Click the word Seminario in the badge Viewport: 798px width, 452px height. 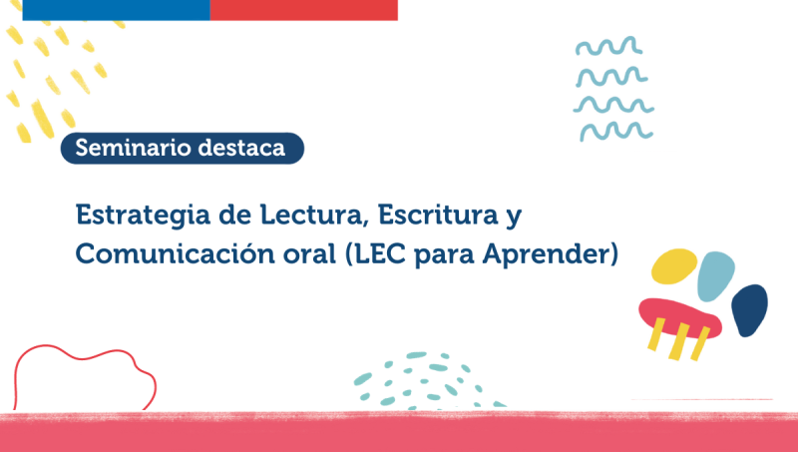pyautogui.click(x=128, y=148)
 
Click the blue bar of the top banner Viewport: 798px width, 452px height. pyautogui.click(x=116, y=9)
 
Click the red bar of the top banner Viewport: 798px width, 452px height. pyautogui.click(x=303, y=9)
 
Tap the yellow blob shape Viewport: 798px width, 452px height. pyautogui.click(x=673, y=266)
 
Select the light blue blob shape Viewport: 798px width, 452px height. pyautogui.click(x=717, y=276)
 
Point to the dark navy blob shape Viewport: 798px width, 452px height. pyautogui.click(x=749, y=310)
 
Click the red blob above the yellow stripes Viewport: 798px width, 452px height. pyautogui.click(x=679, y=316)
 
